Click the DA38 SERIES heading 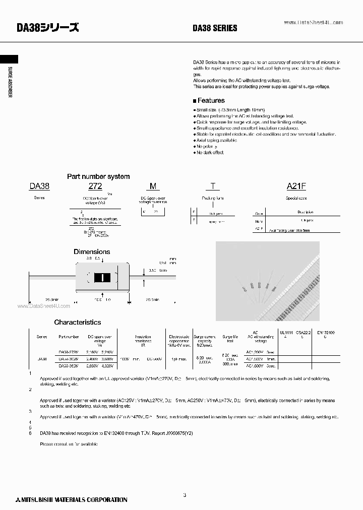coord(215,29)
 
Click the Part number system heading coord(98,176)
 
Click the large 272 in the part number coord(95,186)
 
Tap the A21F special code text coord(296,186)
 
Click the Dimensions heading coord(92,251)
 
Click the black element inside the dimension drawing coord(102,277)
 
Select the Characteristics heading coord(78,322)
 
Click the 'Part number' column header coord(69,336)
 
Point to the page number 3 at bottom coord(185,495)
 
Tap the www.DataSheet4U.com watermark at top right coord(314,23)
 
